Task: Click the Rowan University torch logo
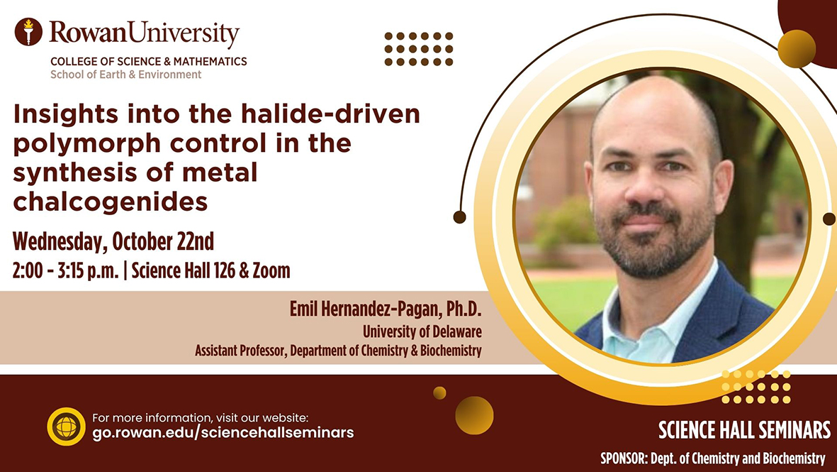tap(28, 31)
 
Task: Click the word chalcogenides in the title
tap(111, 202)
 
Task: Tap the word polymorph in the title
tap(86, 144)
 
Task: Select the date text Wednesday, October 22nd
tap(113, 241)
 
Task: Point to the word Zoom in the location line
tap(272, 270)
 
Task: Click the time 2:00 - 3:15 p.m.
tap(66, 271)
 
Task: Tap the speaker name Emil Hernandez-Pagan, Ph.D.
tap(386, 309)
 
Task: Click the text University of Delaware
tap(422, 331)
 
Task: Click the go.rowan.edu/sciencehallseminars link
tap(223, 432)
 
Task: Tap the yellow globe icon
tap(66, 427)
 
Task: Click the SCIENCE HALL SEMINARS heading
tap(744, 430)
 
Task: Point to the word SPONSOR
tap(622, 458)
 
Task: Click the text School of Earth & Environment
tap(126, 75)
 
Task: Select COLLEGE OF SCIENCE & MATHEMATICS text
tap(149, 62)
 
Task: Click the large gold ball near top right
tap(797, 49)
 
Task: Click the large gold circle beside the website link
tap(474, 415)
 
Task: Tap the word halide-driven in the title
tap(330, 114)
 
